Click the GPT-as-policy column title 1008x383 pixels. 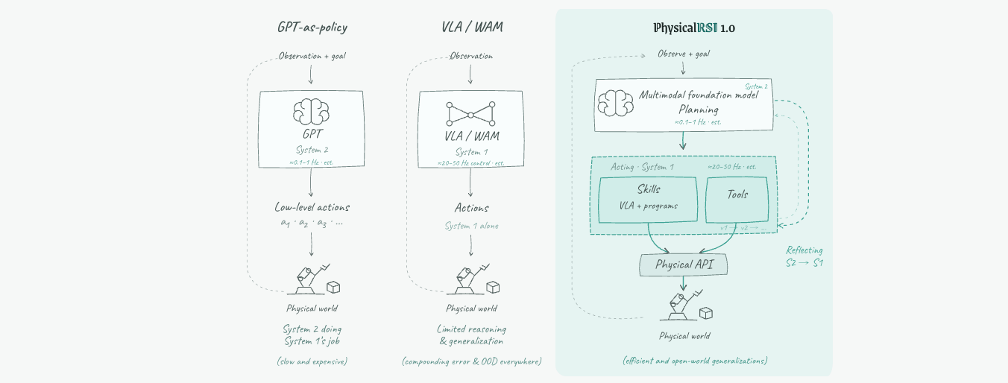coord(312,28)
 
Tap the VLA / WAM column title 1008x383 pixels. coord(472,27)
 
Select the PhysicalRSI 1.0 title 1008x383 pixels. coord(694,28)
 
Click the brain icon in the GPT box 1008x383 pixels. coord(311,112)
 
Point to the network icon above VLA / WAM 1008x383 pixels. coord(470,114)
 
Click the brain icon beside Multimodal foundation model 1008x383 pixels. coord(616,103)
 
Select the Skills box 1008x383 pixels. coord(648,200)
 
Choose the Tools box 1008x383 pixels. coord(737,200)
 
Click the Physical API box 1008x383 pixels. coord(684,265)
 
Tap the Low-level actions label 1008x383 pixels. coord(312,207)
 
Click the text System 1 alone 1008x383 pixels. coord(472,226)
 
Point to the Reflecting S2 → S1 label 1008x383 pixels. coord(804,256)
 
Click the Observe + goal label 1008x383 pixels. coord(684,54)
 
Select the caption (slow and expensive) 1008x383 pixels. coord(312,361)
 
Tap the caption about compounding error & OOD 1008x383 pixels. coord(472,361)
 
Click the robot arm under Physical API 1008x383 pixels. coord(681,306)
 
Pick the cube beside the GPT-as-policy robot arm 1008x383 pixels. coord(333,288)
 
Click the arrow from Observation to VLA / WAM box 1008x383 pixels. coord(470,75)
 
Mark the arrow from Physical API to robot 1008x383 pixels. coord(684,283)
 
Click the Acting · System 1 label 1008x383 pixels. coord(642,167)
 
